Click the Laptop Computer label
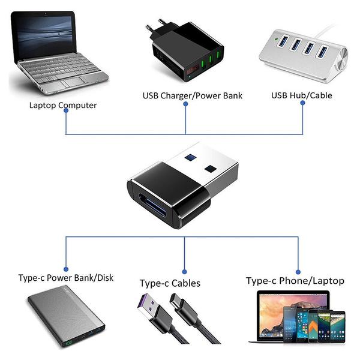pyautogui.click(x=63, y=105)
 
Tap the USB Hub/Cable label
pyautogui.click(x=301, y=95)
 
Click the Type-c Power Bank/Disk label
pyautogui.click(x=66, y=278)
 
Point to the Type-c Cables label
pyautogui.click(x=170, y=283)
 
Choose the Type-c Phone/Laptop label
pyautogui.click(x=295, y=281)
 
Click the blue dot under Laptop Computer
pyautogui.click(x=65, y=114)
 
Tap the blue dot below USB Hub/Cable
pyautogui.click(x=302, y=103)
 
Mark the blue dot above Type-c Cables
pyautogui.click(x=182, y=269)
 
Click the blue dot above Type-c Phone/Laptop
pyautogui.click(x=298, y=269)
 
